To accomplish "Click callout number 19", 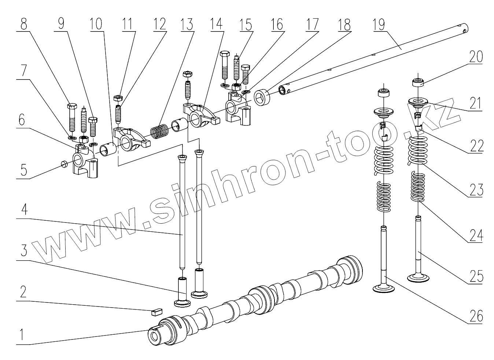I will pyautogui.click(x=379, y=25).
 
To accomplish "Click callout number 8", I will pyautogui.click(x=24, y=24).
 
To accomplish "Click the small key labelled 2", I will pyautogui.click(x=156, y=312).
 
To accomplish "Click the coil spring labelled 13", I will pyautogui.click(x=160, y=131).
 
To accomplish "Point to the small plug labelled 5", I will pyautogui.click(x=64, y=164).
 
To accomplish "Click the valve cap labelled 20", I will pyautogui.click(x=417, y=82).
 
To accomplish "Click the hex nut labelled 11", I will pyautogui.click(x=118, y=98).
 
